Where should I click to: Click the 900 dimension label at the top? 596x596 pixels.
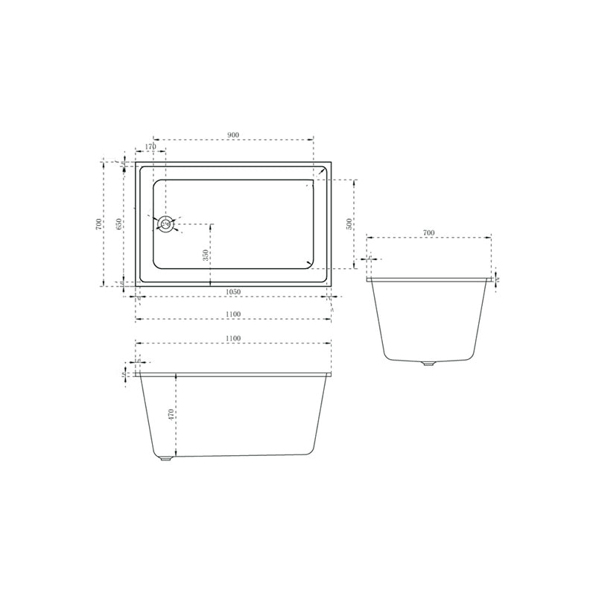pos(232,135)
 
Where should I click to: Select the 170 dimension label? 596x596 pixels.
pos(150,148)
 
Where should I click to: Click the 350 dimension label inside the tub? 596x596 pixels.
pos(206,255)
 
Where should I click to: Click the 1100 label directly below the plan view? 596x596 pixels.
pos(232,315)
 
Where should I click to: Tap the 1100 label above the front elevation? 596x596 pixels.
pos(232,339)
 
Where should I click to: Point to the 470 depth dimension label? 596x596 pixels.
pos(171,414)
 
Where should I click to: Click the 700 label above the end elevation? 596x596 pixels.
pos(428,233)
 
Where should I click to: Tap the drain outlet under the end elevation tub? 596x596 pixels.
pos(427,364)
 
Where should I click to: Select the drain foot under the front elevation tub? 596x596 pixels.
pos(165,458)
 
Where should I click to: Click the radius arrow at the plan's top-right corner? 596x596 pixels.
pos(322,171)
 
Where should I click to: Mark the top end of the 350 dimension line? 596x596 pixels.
pos(211,223)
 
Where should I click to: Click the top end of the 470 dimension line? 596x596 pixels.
pos(176,373)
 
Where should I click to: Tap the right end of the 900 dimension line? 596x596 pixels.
pos(314,139)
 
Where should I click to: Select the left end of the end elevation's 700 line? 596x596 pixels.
pos(368,238)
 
